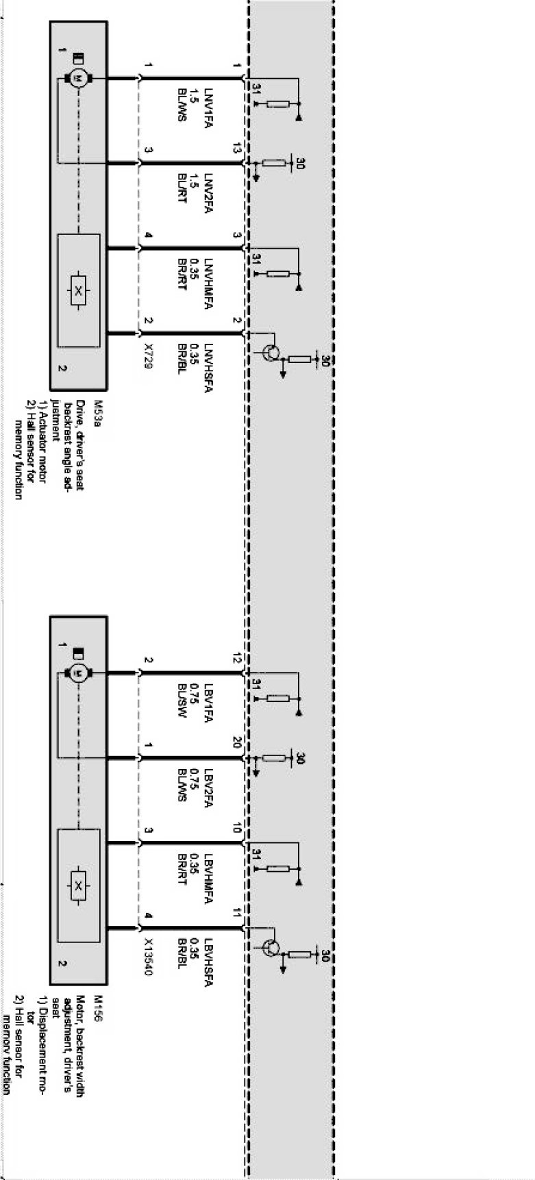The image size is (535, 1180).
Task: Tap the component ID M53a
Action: pos(99,410)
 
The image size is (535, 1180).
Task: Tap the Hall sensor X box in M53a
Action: pos(78,290)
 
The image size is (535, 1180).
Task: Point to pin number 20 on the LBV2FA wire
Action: pos(237,742)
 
